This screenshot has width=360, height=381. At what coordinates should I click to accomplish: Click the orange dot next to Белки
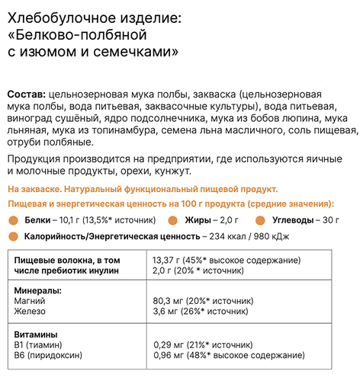pos(13,221)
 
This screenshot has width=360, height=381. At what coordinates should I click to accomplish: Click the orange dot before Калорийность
pos(13,236)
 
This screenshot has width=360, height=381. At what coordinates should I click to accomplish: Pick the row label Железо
pos(31,311)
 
